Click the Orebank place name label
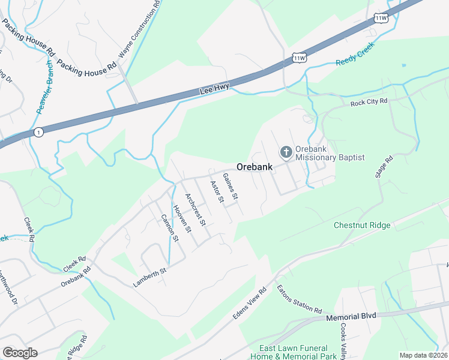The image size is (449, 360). tap(255, 167)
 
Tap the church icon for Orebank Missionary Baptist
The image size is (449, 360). tap(286, 151)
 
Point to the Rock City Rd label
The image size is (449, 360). tap(369, 103)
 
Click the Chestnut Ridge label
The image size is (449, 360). tap(362, 226)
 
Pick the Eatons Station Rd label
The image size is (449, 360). tap(299, 299)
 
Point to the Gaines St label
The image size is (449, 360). tap(231, 186)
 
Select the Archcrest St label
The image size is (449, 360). tap(196, 209)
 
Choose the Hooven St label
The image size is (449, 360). tap(181, 218)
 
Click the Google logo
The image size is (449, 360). tap(20, 353)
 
